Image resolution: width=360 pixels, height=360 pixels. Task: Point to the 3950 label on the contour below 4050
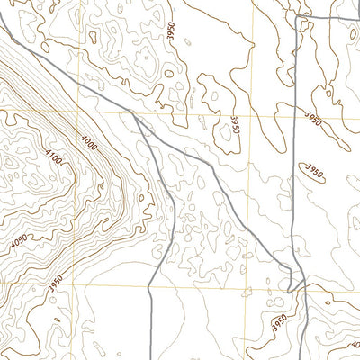[56, 282]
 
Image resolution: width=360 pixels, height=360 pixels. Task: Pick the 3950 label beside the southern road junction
[280, 321]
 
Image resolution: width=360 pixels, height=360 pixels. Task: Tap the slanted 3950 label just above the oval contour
[312, 117]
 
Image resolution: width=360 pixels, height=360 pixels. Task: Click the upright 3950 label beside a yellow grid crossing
[235, 123]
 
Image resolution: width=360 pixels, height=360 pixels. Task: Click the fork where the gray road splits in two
[138, 116]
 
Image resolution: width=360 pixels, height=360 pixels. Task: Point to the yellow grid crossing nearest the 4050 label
[70, 285]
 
